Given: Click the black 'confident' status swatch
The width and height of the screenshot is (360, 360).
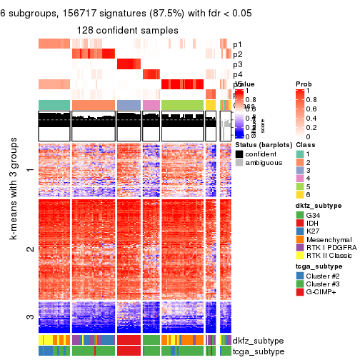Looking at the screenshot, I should [240, 154].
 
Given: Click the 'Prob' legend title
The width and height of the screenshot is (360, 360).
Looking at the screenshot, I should [303, 84].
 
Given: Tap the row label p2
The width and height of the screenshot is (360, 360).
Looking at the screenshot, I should [237, 54].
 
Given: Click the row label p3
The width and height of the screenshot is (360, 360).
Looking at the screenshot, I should [237, 64].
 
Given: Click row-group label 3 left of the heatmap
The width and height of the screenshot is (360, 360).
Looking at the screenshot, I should [29, 316].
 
